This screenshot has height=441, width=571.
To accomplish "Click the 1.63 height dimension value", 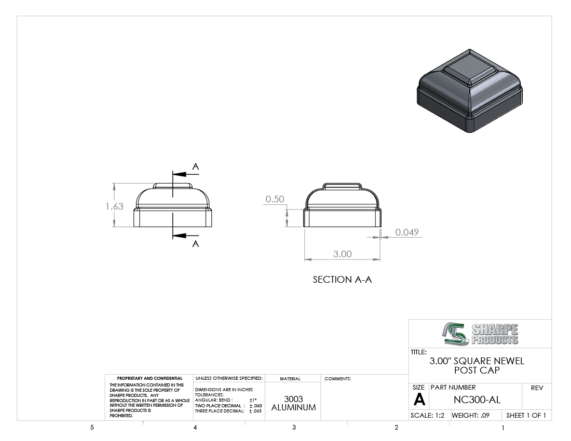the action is coord(114,206).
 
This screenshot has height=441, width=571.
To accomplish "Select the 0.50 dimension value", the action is coord(275,199).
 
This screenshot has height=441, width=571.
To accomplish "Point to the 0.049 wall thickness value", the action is coord(407,232).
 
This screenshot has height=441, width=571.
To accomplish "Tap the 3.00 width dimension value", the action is coord(342,254).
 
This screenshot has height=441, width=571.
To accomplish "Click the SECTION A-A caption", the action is coord(342,280).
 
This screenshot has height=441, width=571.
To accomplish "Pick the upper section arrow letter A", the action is coord(196,167).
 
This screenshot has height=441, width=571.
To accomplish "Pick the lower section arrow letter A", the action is coord(196,244).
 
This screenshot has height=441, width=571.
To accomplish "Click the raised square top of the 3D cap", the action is coord(469,69).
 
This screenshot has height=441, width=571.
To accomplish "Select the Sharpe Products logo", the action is coord(480,334).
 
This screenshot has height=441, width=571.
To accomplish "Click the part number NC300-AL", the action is coord(477,399).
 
